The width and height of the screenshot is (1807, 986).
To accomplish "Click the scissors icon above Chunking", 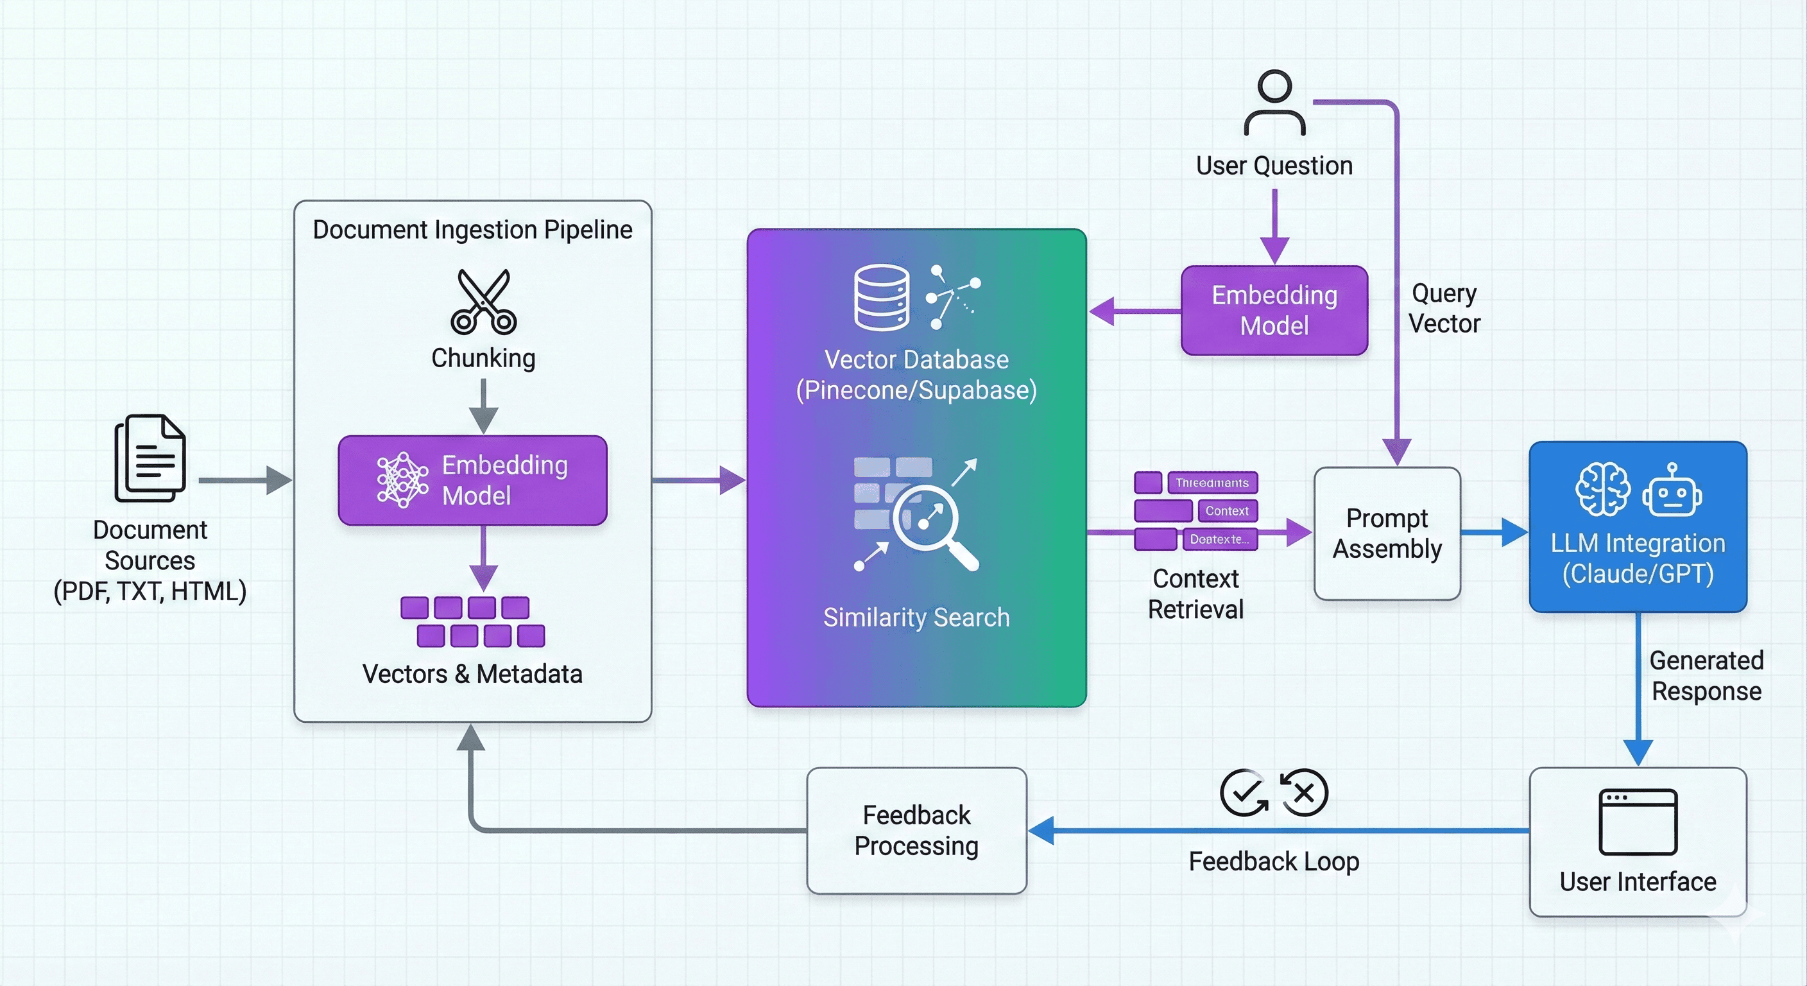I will point(483,301).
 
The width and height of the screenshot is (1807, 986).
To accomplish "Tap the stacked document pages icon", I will point(150,458).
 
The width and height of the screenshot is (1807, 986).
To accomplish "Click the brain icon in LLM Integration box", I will point(1602,489).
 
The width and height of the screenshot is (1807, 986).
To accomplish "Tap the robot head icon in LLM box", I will point(1672,490).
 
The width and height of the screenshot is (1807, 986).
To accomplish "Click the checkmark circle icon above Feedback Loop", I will point(1243,793).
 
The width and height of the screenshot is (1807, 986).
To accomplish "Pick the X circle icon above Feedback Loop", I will point(1305,793).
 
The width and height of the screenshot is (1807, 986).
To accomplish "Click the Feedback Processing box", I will point(916,830).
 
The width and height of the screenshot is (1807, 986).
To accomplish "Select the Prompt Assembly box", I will point(1387,533).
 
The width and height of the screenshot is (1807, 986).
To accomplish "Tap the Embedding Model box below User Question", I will point(1274,310).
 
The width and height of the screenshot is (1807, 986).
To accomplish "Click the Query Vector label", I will point(1444,308).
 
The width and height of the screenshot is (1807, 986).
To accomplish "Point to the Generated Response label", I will point(1706,675).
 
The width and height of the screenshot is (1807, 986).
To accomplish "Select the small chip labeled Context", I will point(1227,511).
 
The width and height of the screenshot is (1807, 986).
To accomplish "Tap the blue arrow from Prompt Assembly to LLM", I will point(1494,533).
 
